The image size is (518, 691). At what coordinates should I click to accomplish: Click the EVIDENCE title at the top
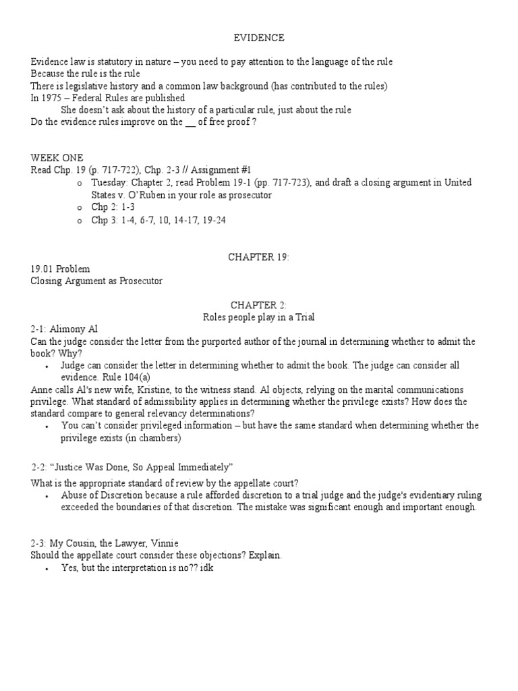click(x=259, y=38)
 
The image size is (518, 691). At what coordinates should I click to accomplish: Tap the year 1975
click(x=51, y=98)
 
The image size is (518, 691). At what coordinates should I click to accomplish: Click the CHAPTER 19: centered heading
click(x=259, y=256)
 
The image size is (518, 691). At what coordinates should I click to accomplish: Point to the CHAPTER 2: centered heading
click(x=259, y=306)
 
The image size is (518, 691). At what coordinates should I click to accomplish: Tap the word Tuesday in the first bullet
click(x=110, y=183)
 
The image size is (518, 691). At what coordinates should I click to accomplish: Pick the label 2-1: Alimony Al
click(x=64, y=329)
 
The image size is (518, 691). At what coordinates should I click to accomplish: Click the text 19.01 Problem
click(x=60, y=269)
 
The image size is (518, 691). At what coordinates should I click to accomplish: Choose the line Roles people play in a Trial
click(x=259, y=317)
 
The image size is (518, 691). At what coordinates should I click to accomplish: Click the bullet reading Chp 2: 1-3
click(x=113, y=207)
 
